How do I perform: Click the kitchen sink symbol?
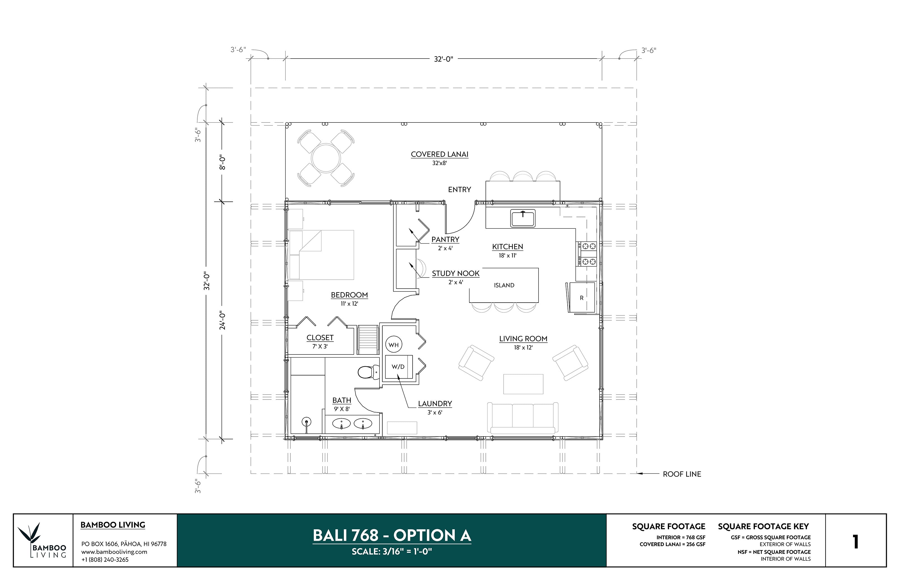[523, 219]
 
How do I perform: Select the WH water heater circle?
[394, 345]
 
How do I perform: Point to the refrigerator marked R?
[581, 298]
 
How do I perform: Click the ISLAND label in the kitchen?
[504, 285]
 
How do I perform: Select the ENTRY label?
[459, 189]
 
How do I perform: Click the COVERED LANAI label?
[439, 154]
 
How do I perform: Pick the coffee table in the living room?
[523, 384]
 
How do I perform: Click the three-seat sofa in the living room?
[523, 418]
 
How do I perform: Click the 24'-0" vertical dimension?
[223, 320]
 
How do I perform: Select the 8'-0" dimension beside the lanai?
[223, 162]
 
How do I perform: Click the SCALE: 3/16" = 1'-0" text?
[391, 551]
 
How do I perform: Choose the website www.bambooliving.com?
[114, 552]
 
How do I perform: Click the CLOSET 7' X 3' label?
[320, 342]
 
